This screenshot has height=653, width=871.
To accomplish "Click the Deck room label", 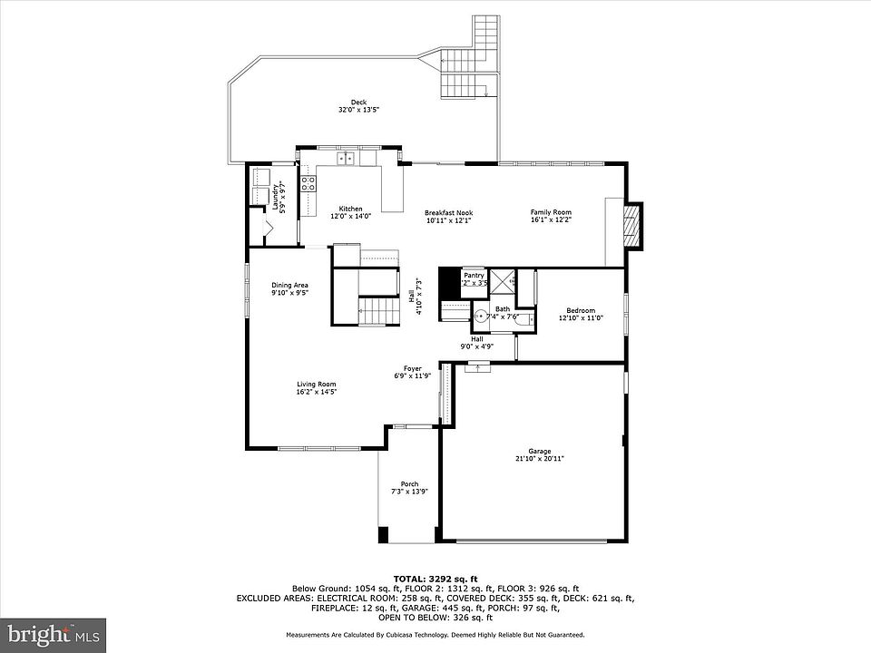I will pos(358,102).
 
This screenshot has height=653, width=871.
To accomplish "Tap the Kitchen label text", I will pos(350,209).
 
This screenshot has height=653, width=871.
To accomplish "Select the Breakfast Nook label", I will pos(448,213).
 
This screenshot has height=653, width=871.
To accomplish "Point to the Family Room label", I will pos(551,213).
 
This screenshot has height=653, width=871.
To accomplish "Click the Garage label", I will pos(539,451).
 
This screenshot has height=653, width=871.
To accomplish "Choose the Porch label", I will pos(409,484).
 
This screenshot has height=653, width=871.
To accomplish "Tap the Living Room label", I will pos(317,385).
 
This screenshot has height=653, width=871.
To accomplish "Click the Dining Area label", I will pos(289,286).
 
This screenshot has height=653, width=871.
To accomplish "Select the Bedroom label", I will pos(581,310).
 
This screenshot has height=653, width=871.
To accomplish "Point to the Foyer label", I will pos(412,368).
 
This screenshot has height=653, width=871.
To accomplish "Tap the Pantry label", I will pos(474,275).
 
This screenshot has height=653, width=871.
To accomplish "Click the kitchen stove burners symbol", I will pos(308,184).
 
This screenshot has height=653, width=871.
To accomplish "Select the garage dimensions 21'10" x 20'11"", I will pos(539,459).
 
